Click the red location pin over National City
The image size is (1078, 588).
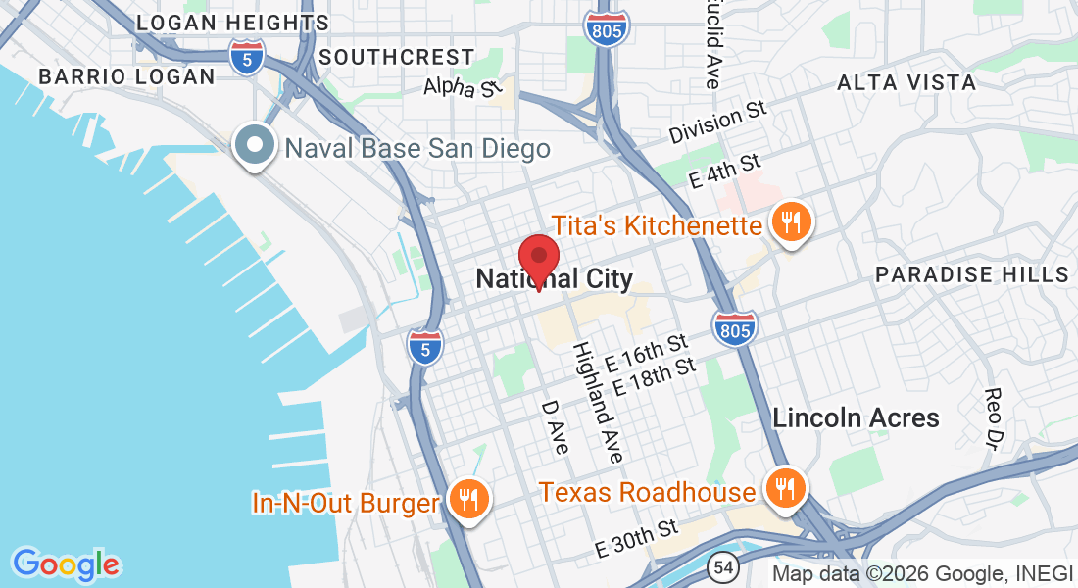point(538,258)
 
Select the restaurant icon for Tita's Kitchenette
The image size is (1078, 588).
point(791,221)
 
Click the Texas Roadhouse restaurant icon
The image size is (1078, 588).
point(784,486)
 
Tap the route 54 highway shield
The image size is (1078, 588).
point(723,565)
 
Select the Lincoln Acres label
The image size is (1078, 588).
point(856,417)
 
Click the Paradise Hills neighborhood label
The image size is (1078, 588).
point(971,274)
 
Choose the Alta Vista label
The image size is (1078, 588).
point(906,83)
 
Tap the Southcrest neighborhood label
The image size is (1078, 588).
point(396,57)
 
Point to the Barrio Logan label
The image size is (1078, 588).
point(126,76)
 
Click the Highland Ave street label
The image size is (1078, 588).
point(598,402)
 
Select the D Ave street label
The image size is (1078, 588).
point(555,426)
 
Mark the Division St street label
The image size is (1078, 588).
point(717,122)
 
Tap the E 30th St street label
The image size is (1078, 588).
point(637,540)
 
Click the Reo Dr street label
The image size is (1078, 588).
point(995,413)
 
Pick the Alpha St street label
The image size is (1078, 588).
point(463,88)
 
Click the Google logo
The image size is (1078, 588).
point(66,565)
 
